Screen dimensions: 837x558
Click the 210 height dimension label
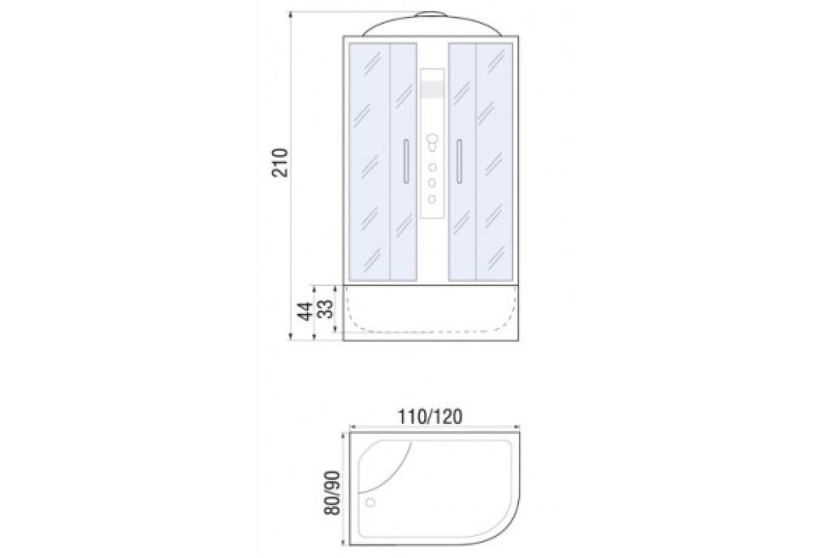click(280, 163)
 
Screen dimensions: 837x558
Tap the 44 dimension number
click(305, 311)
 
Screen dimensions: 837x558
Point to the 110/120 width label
click(430, 416)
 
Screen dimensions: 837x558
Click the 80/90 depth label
click(332, 493)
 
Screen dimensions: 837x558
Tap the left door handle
click(406, 161)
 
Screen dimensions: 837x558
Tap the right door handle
click(459, 161)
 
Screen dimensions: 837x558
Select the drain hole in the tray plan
click(370, 503)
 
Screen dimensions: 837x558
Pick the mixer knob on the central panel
click(432, 143)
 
